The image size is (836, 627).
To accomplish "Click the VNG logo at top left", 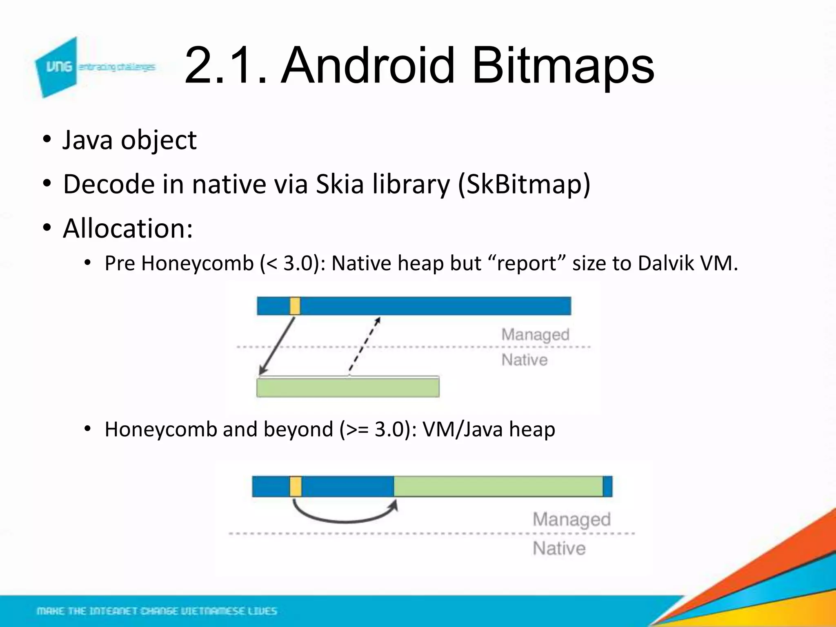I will point(57,67).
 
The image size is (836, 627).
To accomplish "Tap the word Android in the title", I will point(367,65).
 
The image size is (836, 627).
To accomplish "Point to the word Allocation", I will point(127,228).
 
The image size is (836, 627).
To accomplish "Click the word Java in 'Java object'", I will point(87,140).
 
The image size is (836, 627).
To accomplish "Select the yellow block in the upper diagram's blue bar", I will point(295,306).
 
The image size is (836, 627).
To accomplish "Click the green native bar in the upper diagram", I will point(348,387).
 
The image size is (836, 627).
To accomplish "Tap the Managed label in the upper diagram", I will point(535,335).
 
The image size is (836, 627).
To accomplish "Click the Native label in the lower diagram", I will point(559,548).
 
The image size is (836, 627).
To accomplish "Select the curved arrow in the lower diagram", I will point(345,517).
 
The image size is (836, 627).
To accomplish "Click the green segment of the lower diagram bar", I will point(498,487).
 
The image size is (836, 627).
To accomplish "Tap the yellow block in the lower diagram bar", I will point(296,487).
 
